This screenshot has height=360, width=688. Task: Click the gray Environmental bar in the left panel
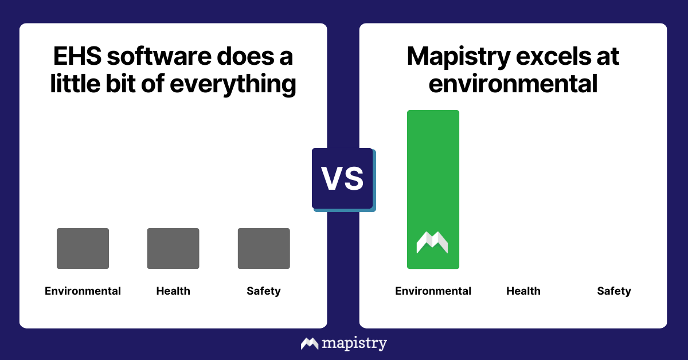click(83, 248)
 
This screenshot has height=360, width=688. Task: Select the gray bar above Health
click(173, 248)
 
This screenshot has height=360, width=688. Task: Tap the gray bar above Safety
click(264, 248)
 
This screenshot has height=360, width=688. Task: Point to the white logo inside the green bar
click(432, 242)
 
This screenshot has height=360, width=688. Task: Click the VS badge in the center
click(342, 178)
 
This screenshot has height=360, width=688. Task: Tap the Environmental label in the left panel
click(83, 291)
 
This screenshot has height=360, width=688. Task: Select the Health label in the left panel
click(173, 291)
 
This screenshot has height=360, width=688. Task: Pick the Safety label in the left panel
click(264, 291)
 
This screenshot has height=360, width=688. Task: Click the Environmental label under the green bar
click(433, 291)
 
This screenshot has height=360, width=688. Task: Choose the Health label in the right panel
click(523, 291)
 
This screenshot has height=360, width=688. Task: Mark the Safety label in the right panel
click(614, 291)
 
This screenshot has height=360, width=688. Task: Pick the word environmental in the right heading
click(513, 84)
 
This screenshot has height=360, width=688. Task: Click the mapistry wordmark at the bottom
click(354, 343)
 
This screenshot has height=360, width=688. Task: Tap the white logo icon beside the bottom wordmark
click(310, 343)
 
